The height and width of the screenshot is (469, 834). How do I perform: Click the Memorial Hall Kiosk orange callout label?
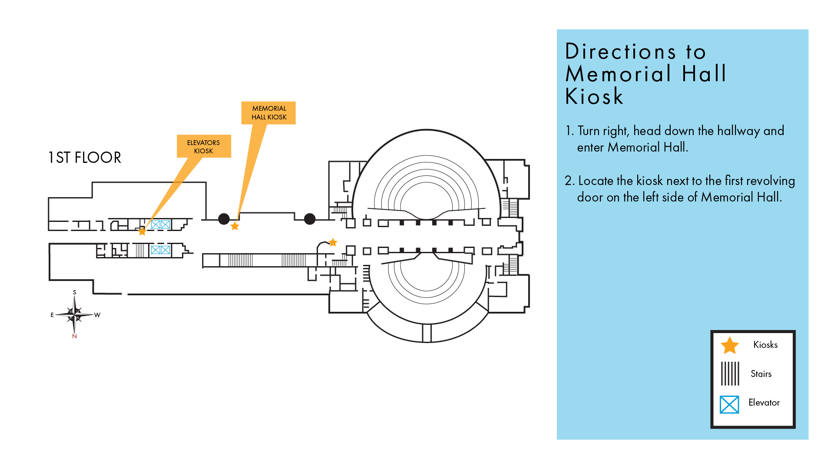(268, 113)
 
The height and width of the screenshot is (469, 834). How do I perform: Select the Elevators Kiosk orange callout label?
(203, 146)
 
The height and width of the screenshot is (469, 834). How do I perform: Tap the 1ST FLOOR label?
(85, 158)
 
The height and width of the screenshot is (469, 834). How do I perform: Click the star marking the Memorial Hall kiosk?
(235, 226)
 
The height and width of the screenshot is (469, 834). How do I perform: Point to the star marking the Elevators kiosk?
(142, 231)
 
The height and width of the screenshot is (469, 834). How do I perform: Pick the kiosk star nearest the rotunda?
(333, 242)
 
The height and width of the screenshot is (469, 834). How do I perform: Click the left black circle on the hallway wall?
(224, 219)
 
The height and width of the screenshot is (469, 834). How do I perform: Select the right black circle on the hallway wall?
(310, 219)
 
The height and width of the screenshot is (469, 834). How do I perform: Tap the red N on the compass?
(74, 336)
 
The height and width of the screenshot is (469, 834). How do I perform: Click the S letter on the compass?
(75, 292)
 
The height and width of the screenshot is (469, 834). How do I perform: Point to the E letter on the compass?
(52, 315)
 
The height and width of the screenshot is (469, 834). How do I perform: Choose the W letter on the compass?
(97, 315)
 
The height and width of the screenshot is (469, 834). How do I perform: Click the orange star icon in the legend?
(730, 346)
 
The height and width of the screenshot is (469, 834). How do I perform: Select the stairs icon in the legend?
(730, 373)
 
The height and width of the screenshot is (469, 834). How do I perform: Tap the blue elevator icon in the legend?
(729, 404)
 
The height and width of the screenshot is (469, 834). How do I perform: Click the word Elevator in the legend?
(764, 403)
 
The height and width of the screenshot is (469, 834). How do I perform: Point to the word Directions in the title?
(621, 52)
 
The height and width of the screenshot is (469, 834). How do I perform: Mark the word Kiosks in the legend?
(765, 345)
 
